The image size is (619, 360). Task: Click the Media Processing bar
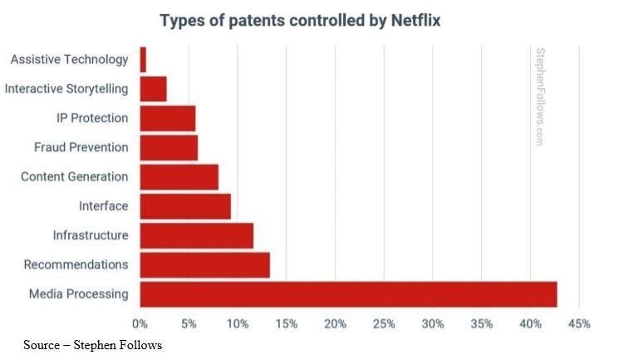pyautogui.click(x=348, y=294)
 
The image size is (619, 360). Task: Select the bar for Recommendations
pyautogui.click(x=204, y=265)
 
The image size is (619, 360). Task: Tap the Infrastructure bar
pyautogui.click(x=196, y=235)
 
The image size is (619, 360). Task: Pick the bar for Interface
pyautogui.click(x=185, y=206)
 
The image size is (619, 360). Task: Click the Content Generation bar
pyautogui.click(x=179, y=177)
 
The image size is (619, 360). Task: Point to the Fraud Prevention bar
pyautogui.click(x=169, y=147)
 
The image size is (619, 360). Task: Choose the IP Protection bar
pyautogui.click(x=167, y=118)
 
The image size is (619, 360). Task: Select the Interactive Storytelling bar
pyautogui.click(x=153, y=89)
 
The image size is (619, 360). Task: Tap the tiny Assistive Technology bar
pyautogui.click(x=143, y=60)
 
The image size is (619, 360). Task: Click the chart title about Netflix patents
pyautogui.click(x=299, y=20)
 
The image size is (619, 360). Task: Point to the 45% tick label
pyautogui.click(x=578, y=323)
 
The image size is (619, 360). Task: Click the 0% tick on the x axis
pyautogui.click(x=140, y=323)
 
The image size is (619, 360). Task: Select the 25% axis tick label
pyautogui.click(x=384, y=323)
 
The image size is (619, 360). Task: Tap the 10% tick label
pyautogui.click(x=238, y=323)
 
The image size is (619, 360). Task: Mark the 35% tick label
pyautogui.click(x=481, y=323)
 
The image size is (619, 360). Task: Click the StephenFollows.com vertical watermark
pyautogui.click(x=540, y=96)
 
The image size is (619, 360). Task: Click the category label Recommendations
pyautogui.click(x=76, y=265)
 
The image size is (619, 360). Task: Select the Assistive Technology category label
pyautogui.click(x=70, y=60)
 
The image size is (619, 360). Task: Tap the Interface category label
pyautogui.click(x=104, y=206)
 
